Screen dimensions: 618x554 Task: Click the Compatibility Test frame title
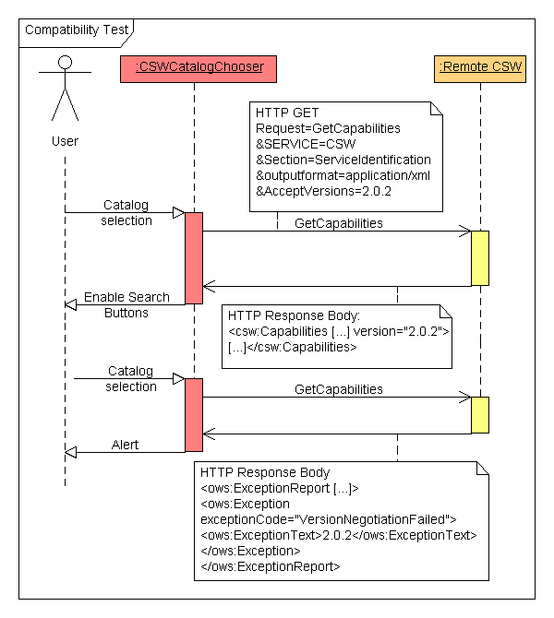tap(77, 30)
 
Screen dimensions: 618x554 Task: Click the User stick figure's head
tap(65, 64)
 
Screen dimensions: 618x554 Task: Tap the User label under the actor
tap(65, 141)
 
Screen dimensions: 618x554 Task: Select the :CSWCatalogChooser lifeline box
tap(193, 67)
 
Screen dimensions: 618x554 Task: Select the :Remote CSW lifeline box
tap(479, 67)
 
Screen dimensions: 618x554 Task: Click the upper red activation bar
tap(194, 257)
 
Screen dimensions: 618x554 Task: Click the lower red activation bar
tap(194, 414)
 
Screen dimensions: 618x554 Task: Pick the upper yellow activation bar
tap(479, 258)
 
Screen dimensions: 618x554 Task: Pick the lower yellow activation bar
tap(479, 415)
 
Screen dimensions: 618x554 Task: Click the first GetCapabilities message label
tap(338, 223)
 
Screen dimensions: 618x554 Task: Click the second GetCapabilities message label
tap(338, 389)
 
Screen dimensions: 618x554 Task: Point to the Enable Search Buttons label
tap(127, 304)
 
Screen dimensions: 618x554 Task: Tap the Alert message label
tap(126, 445)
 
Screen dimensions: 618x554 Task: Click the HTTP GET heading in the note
tap(287, 113)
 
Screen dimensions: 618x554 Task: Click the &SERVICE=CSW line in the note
tap(306, 145)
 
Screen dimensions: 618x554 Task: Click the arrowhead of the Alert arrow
tap(71, 452)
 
